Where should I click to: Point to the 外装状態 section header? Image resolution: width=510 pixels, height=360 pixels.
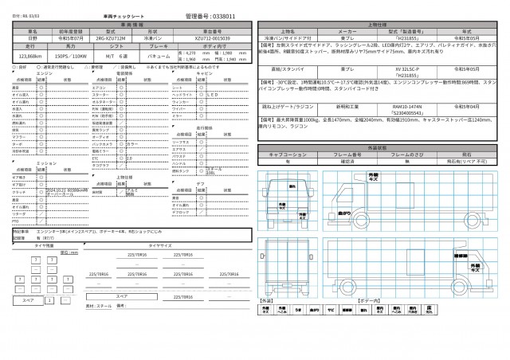(x=382, y=148)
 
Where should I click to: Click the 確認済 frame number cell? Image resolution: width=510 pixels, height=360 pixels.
(x=353, y=161)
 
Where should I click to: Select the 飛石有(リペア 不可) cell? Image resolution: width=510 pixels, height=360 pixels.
(x=465, y=161)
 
